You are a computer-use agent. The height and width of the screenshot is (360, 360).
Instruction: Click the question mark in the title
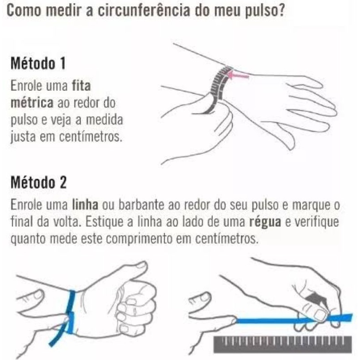(281, 10)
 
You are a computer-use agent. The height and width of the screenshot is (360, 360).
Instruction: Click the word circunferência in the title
(144, 10)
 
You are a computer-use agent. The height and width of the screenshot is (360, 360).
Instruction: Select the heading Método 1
(38, 63)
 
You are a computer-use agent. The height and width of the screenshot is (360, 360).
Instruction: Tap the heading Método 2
(39, 183)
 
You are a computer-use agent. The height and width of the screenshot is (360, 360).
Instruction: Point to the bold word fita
(82, 86)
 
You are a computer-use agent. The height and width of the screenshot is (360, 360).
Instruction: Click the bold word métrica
(32, 103)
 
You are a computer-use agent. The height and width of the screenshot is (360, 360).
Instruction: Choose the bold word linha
(85, 204)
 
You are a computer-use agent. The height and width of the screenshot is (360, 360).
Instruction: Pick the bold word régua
(265, 222)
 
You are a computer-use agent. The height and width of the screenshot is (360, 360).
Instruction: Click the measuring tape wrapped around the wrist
(218, 89)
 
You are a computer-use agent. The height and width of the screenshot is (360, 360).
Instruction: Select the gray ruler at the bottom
(282, 344)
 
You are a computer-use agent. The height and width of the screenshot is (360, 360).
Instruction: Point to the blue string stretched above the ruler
(294, 319)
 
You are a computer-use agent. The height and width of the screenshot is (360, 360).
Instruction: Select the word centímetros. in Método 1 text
(90, 136)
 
